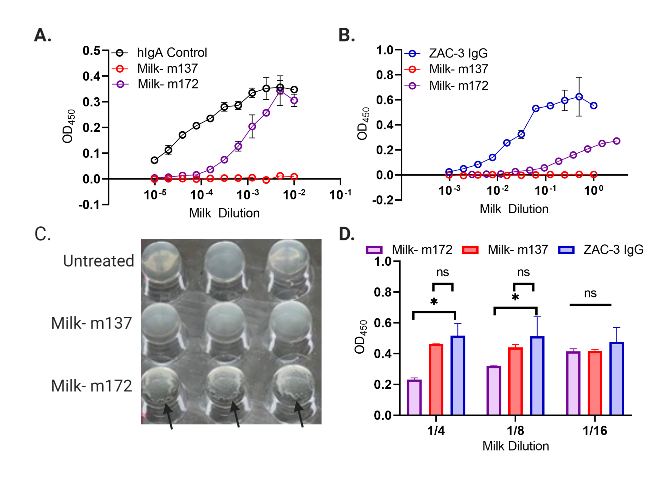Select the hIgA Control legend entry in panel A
pyautogui.click(x=171, y=53)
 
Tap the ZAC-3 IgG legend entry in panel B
pyautogui.click(x=458, y=53)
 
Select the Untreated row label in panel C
pyautogui.click(x=98, y=261)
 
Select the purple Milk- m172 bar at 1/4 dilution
pyautogui.click(x=414, y=398)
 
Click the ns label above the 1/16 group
pyautogui.click(x=590, y=294)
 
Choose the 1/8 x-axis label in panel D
pyautogui.click(x=515, y=431)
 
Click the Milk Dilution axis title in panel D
pyautogui.click(x=516, y=446)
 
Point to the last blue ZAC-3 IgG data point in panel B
pyautogui.click(x=593, y=105)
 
